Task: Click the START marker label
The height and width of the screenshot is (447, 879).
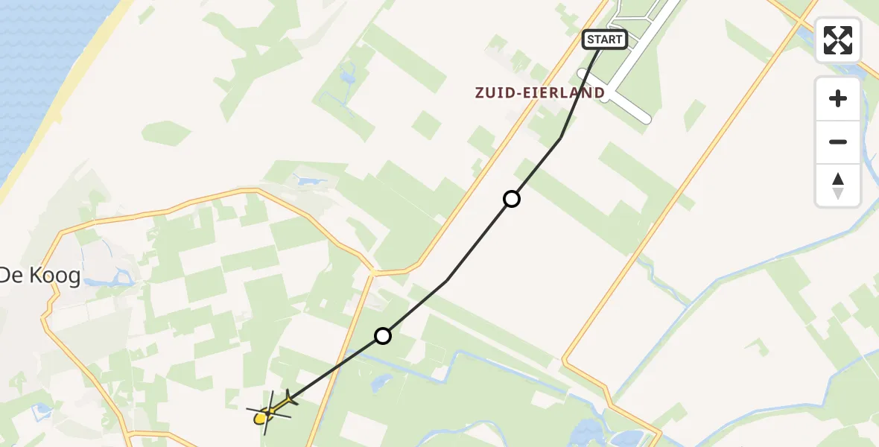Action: click(x=604, y=39)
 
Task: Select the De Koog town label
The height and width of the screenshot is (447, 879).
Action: click(x=39, y=276)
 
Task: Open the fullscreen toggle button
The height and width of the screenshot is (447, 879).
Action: click(x=838, y=40)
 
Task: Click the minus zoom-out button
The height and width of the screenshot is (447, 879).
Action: click(x=838, y=142)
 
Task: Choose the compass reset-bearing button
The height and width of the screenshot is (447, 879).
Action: click(x=838, y=185)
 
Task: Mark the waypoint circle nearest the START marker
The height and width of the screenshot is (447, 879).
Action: click(x=511, y=199)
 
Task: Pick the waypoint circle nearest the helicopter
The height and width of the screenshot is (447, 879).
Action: click(x=382, y=336)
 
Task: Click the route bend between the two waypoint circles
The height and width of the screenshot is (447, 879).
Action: click(x=447, y=280)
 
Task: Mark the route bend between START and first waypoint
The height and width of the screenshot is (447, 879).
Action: click(x=560, y=138)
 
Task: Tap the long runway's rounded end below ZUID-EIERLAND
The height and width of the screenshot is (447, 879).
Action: click(x=645, y=118)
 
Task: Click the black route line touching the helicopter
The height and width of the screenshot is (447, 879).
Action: click(x=328, y=372)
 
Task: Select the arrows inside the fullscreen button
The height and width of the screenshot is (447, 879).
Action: click(x=838, y=40)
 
